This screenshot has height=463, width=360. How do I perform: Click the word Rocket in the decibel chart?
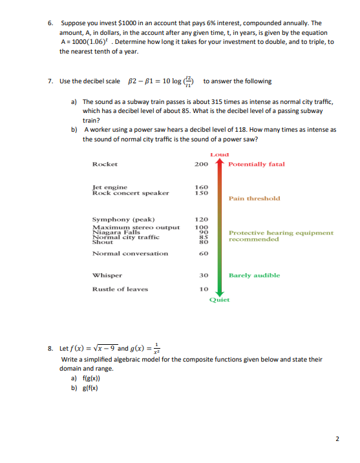105,164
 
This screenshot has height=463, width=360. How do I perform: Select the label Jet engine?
110,187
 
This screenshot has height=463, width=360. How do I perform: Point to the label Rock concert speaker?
131,192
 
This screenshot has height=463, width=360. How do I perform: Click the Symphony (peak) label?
123,219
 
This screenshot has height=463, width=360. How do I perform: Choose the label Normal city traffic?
123,237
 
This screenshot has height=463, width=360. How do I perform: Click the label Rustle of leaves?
120,289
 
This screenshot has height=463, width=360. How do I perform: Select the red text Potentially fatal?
257,164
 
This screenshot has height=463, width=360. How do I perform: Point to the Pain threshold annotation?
254,198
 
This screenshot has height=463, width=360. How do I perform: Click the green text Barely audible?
254,275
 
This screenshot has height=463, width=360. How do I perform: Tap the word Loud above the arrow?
220,154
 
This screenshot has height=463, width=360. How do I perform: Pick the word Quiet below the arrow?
219,300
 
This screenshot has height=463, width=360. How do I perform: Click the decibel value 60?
202,253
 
